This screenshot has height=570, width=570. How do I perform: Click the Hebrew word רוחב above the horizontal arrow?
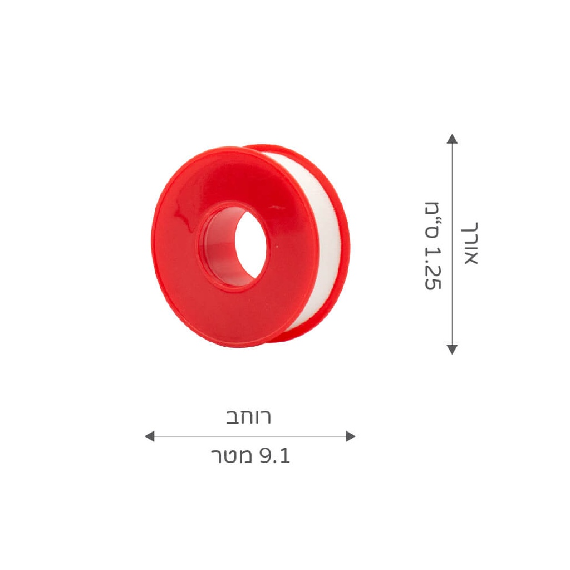tap(249, 417)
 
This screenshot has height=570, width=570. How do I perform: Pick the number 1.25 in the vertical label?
tap(433, 267)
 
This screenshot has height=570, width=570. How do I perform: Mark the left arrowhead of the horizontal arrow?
tap(149, 436)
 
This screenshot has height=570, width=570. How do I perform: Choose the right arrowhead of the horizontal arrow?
tap(350, 436)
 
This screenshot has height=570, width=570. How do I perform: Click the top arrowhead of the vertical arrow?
tap(452, 139)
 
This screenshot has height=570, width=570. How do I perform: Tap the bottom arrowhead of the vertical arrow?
tap(452, 350)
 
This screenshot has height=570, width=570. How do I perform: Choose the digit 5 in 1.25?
tap(433, 283)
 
